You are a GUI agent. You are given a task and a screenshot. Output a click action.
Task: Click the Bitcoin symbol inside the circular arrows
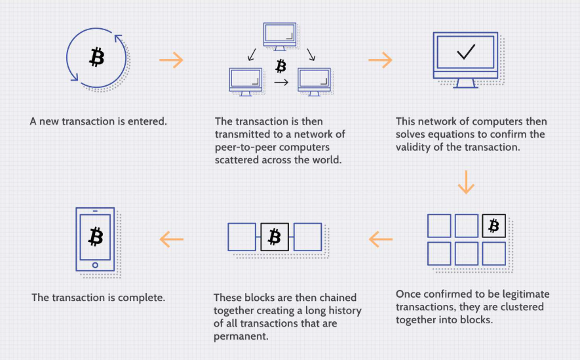(97, 56)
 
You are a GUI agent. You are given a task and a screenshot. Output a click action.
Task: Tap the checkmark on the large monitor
(466, 52)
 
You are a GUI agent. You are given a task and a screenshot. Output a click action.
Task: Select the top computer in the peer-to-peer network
(280, 36)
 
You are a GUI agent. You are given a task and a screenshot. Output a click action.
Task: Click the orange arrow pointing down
(466, 182)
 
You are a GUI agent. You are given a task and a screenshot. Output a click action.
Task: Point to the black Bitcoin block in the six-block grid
(493, 226)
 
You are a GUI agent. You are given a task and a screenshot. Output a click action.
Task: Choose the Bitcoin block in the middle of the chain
(275, 237)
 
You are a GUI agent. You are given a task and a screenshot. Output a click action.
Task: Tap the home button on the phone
(95, 265)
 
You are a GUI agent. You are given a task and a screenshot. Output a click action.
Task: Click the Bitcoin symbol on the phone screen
(96, 237)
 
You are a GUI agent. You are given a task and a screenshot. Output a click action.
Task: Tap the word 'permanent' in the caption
(241, 336)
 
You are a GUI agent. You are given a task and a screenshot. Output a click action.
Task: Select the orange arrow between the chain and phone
(172, 239)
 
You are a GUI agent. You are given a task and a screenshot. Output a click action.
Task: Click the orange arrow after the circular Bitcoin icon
(171, 60)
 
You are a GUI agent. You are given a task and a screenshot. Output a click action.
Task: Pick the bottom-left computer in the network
(246, 82)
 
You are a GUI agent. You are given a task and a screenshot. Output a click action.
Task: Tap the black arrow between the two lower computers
(281, 82)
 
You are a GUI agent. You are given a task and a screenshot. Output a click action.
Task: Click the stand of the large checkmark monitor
(465, 83)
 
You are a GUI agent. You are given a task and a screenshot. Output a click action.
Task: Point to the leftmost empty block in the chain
(242, 237)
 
